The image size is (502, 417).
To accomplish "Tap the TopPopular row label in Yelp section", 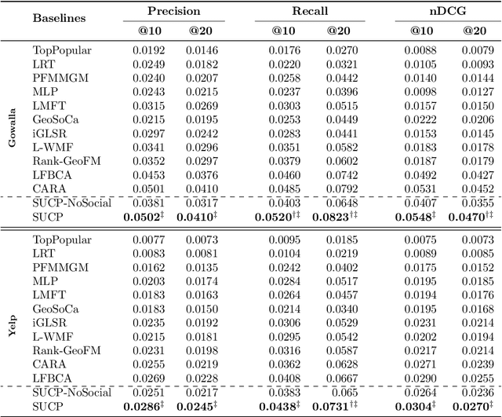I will pos(62,239).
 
